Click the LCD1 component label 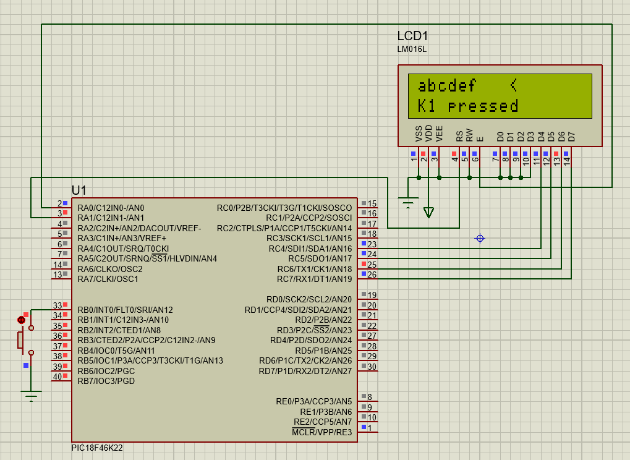(412, 36)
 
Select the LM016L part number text (412, 49)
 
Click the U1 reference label (79, 190)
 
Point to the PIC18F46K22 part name (97, 448)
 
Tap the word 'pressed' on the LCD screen (483, 106)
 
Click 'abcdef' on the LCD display (447, 85)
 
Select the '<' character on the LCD (514, 85)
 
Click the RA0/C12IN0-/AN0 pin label (111, 208)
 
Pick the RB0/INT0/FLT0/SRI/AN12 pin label (126, 310)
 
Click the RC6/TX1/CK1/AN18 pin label (315, 269)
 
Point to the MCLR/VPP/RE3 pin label (322, 432)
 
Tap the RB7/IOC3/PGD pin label (106, 381)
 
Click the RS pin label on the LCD (459, 136)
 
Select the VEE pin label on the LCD (439, 134)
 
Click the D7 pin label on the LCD (571, 137)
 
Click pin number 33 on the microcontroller (57, 305)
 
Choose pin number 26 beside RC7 (372, 275)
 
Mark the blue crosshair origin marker (480, 238)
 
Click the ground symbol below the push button (31, 396)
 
